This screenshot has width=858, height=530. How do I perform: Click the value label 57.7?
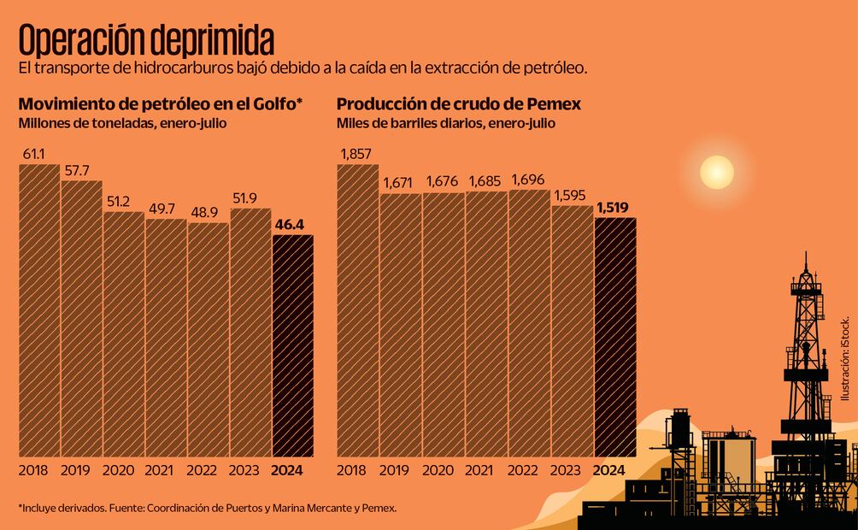pos(79,170)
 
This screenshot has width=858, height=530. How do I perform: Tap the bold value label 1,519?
pos(614,207)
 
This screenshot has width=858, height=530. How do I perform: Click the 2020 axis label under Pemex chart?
pos(438,470)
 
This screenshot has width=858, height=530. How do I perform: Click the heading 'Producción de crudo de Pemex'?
pos(459,104)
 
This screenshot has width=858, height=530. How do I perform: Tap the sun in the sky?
pos(716,172)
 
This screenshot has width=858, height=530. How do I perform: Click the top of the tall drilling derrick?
pos(804,261)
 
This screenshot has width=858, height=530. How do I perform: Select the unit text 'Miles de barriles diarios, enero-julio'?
pos(445,123)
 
